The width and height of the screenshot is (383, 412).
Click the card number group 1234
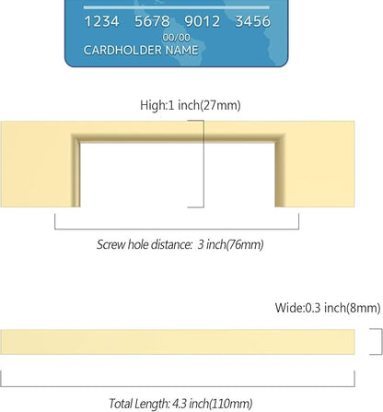pos(101,21)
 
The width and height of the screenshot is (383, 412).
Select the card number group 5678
pos(152,21)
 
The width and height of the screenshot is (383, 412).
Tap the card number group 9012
pos(203,21)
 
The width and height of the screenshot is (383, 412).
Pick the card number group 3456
pos(253,21)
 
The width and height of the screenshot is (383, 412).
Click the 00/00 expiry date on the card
pos(176,38)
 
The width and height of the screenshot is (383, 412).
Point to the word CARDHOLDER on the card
pos(122,50)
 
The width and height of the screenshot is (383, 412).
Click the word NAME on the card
pos(181,50)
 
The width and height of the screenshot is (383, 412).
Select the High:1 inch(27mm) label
pos(191,105)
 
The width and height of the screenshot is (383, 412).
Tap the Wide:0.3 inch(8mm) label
pos(328,308)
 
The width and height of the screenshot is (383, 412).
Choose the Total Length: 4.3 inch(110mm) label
pos(180,404)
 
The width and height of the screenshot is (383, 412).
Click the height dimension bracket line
pos(203,164)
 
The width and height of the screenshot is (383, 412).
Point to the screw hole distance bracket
pos(177,229)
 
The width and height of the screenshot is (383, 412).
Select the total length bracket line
pos(178,386)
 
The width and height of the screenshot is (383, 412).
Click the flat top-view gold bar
pos(178,342)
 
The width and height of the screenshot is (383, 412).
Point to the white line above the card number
pos(177,7)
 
